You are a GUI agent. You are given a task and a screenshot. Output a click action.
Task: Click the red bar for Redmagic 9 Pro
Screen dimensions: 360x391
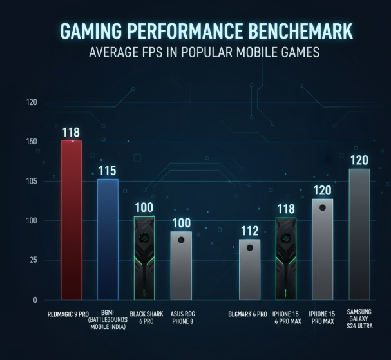71,220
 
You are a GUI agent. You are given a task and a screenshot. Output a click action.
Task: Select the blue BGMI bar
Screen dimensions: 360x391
108,239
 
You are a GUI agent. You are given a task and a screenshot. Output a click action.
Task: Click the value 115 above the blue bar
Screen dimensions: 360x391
108,171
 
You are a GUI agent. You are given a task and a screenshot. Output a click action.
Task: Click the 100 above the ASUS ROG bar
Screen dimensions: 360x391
181,223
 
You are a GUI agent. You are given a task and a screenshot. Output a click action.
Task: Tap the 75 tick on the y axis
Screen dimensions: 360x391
32,260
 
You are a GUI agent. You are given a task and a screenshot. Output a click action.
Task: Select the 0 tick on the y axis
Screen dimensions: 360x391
35,300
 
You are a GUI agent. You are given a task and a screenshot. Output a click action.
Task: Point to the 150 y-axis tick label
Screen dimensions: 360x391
32,142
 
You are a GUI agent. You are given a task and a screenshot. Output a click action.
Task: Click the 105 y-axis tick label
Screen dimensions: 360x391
32,182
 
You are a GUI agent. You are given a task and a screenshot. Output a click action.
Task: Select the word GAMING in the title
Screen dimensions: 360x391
90,30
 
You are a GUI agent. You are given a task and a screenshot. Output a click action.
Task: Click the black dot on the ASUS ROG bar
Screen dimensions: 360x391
181,240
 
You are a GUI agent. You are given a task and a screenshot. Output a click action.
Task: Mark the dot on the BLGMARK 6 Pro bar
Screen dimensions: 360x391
249,247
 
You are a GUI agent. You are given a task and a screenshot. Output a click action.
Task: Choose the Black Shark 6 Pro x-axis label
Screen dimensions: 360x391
145,318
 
